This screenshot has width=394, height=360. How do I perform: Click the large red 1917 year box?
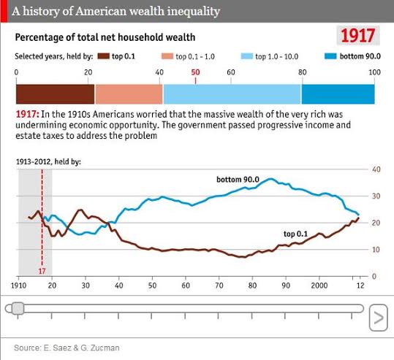point(358,35)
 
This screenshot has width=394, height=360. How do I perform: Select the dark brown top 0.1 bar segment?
point(56,94)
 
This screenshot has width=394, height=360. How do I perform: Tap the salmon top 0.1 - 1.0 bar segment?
point(129,94)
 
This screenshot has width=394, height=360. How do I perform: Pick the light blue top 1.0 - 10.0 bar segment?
point(232,94)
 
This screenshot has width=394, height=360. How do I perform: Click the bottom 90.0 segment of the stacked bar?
point(338,94)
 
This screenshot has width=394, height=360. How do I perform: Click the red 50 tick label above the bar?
point(195,72)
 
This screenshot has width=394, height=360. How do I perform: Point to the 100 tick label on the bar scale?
point(375,72)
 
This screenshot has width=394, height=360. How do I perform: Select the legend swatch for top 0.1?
point(104,56)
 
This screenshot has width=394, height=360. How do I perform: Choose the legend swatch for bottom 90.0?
point(330,56)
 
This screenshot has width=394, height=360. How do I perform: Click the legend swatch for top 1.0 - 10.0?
point(247,56)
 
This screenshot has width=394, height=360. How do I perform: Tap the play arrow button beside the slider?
point(379,318)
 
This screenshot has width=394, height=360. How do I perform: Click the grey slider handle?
point(18,309)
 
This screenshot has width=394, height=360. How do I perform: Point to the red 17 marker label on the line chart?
point(42,271)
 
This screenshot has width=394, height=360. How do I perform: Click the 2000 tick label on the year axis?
point(319,286)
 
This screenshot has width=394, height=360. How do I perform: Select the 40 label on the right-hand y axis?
point(376,169)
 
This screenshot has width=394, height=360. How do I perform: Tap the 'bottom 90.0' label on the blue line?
point(238,180)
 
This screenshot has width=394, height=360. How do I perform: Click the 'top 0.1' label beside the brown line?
point(295,234)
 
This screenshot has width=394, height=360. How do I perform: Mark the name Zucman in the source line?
point(105,348)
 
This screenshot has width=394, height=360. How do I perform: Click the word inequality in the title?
point(194,11)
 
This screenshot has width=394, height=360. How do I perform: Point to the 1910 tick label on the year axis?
point(19,286)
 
